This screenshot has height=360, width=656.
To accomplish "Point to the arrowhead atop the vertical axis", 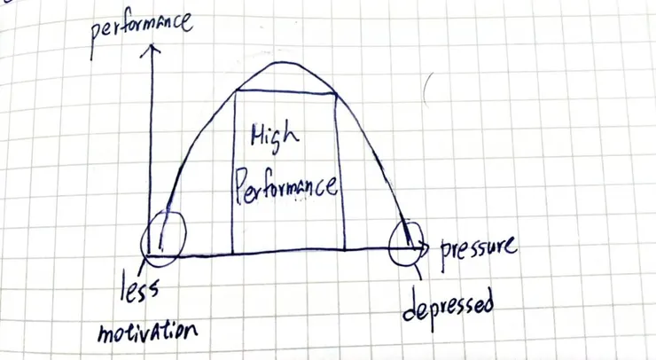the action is point(152,50).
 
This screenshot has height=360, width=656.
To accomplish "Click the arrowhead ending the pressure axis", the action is point(424,247).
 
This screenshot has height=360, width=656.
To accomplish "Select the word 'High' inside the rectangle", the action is point(274,137).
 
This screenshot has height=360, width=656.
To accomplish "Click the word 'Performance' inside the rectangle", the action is point(285,187).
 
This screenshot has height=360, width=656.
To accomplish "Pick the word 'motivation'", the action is point(147,332).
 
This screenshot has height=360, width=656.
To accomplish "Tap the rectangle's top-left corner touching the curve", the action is point(236,90).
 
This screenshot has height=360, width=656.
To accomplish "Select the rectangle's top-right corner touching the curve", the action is point(335,94).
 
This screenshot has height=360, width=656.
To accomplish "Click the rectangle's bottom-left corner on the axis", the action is point(232,254).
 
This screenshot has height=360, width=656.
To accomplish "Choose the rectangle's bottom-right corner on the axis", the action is point(345,250).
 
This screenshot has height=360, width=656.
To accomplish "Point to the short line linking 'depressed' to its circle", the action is point(418,272).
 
